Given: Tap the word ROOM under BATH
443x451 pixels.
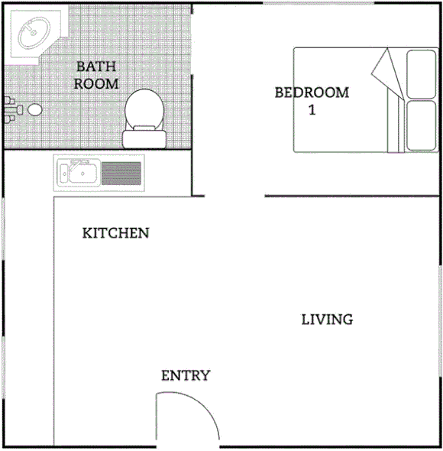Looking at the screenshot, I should click(x=96, y=83).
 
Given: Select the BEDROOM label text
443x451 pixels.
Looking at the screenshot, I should click(x=312, y=93).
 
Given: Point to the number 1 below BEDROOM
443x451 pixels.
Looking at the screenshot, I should click(x=312, y=110).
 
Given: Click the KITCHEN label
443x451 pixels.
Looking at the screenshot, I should click(x=115, y=232).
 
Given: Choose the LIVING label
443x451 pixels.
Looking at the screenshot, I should click(x=327, y=320).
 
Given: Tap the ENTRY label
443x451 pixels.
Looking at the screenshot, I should click(x=186, y=375).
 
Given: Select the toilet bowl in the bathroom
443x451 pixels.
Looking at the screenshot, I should click(x=144, y=109).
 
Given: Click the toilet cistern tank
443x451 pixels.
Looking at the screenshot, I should click(x=144, y=138).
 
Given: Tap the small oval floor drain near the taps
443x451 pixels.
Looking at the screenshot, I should click(x=34, y=110).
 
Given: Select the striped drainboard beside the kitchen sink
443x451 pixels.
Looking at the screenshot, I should click(x=122, y=174).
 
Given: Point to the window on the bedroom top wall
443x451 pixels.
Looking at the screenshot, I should click(x=318, y=4).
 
